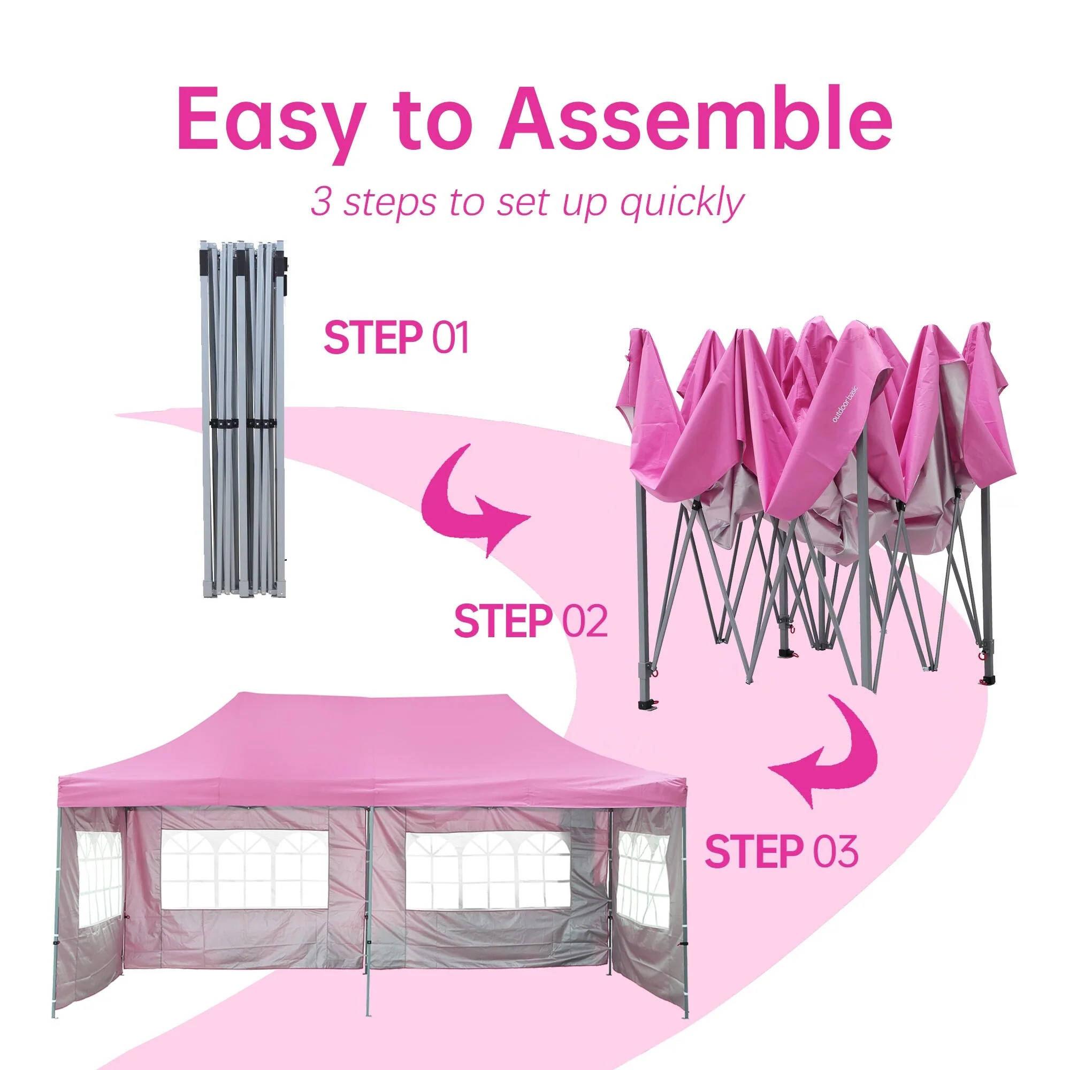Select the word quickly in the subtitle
[681, 203]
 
